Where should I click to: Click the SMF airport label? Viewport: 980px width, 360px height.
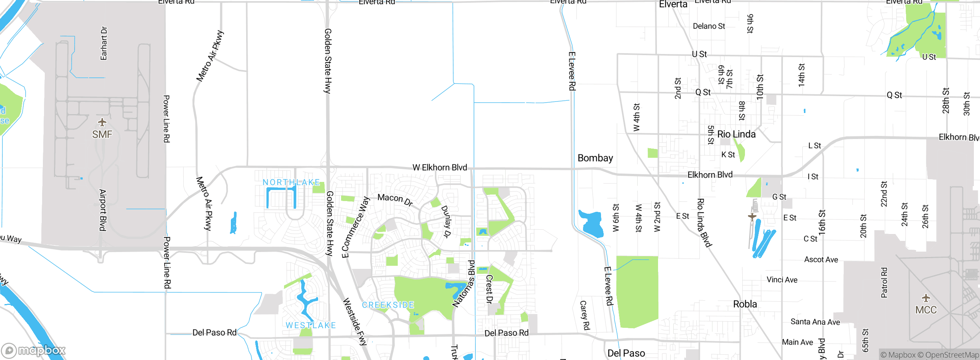[102, 134]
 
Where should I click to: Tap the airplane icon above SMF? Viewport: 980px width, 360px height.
[102, 123]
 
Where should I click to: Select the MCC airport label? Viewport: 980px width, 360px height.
[926, 310]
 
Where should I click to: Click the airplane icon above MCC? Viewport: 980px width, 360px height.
[926, 298]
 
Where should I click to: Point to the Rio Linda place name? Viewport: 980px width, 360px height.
[736, 134]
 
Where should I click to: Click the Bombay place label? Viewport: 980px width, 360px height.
[595, 158]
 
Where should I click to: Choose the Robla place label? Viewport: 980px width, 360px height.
[745, 304]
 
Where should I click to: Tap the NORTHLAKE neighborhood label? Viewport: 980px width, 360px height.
[291, 182]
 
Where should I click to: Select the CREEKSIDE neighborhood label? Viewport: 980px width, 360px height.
[388, 305]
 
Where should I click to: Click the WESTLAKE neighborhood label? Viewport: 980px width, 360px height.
[310, 326]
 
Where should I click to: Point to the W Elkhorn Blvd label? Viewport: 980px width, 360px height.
[439, 167]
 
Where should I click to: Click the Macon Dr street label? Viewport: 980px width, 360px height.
[395, 199]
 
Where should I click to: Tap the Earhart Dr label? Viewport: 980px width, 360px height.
[104, 43]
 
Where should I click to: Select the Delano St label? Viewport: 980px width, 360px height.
[709, 26]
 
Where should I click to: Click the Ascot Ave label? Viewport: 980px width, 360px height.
[821, 260]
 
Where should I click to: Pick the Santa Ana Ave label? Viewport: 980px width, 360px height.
[815, 322]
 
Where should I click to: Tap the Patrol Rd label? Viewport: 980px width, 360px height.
[884, 283]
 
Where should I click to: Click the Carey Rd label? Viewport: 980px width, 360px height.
[585, 315]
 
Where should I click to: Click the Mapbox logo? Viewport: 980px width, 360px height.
[33, 350]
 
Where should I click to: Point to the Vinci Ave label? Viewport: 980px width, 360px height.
[782, 280]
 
